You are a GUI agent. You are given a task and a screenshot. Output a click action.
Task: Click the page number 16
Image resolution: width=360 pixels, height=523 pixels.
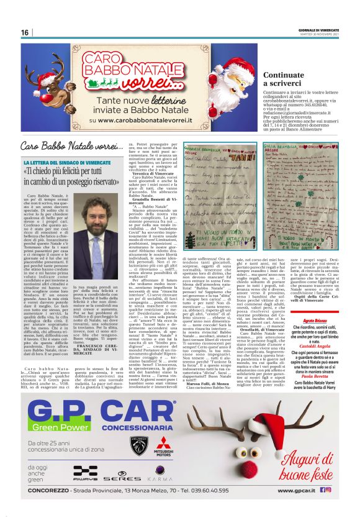[25, 32]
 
